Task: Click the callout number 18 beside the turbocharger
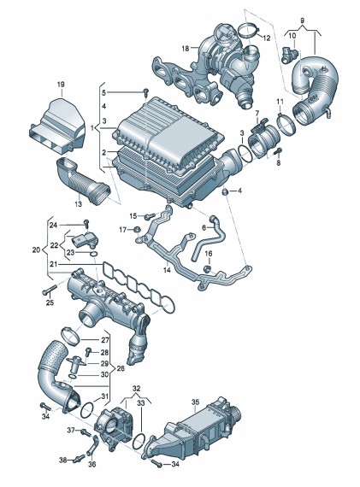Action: pos(186,49)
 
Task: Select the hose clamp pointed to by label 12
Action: pos(249,31)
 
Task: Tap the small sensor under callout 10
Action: pos(289,54)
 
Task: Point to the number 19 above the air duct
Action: pos(61,85)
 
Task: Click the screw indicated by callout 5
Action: pos(146,92)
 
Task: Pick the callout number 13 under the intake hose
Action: pos(79,204)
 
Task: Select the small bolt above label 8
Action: pos(278,151)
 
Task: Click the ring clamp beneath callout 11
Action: pos(286,124)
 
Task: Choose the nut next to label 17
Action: pos(137,230)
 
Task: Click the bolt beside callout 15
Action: pos(150,215)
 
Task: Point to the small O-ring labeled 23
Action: pos(93,254)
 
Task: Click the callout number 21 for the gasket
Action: pos(54,264)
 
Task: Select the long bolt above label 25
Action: pos(49,290)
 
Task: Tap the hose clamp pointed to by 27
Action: pos(70,336)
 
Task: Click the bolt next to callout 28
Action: pos(88,351)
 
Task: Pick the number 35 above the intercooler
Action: pos(195,402)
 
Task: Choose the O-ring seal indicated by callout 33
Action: pos(139,442)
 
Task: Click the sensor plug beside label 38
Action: pos(79,459)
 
